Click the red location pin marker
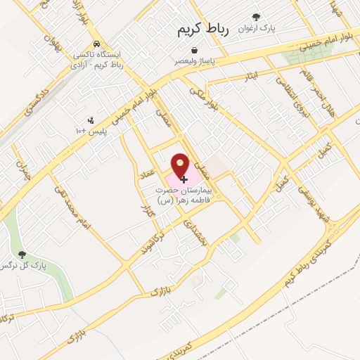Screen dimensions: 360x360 (180, 167)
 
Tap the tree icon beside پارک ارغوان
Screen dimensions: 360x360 (256, 18)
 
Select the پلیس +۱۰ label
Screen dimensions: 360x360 (89, 131)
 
